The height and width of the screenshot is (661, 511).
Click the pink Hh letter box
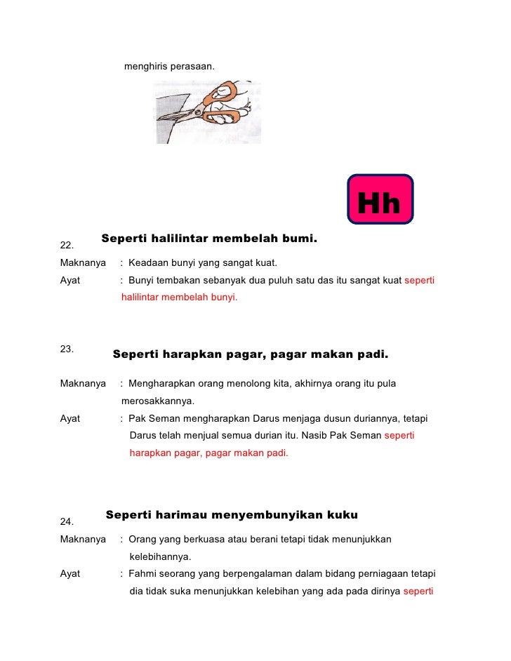pyautogui.click(x=380, y=199)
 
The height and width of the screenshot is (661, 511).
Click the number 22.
pyautogui.click(x=67, y=246)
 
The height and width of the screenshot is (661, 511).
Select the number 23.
pyautogui.click(x=67, y=348)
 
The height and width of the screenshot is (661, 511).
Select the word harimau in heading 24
pyautogui.click(x=176, y=515)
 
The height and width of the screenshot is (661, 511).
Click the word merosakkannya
pyautogui.click(x=158, y=401)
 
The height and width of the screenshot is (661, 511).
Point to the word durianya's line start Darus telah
pyautogui.click(x=143, y=436)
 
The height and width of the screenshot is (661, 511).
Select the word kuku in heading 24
pyautogui.click(x=343, y=515)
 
